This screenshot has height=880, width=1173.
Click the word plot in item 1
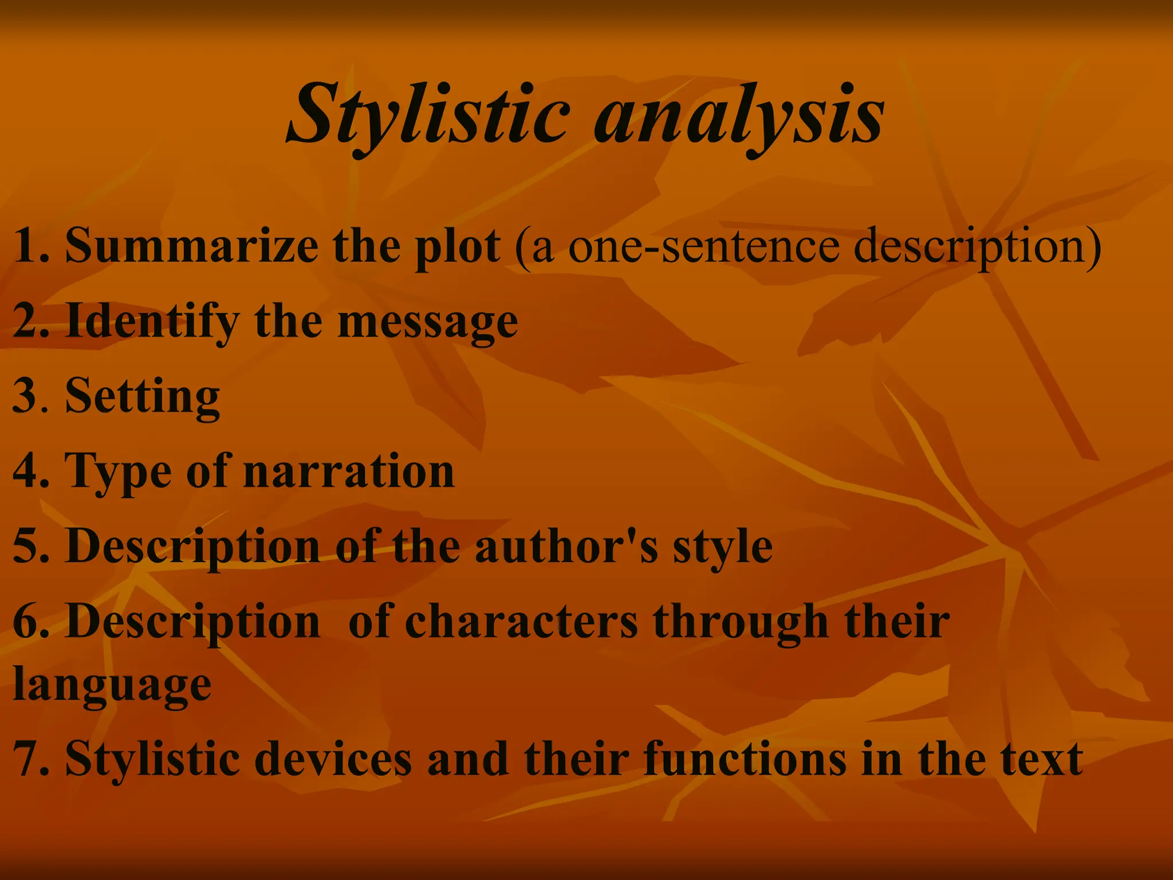[x=458, y=246]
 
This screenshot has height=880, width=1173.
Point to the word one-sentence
[x=704, y=246]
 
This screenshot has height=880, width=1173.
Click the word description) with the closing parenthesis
[x=977, y=246]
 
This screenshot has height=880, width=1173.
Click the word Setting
[x=143, y=396]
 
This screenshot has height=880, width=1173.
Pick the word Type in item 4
[x=118, y=472]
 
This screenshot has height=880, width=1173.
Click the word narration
[x=349, y=472]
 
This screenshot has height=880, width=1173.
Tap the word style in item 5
[x=722, y=547]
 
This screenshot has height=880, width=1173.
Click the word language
[x=112, y=685]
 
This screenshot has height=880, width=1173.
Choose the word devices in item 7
[x=333, y=759]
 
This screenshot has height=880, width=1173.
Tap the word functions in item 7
[x=745, y=759]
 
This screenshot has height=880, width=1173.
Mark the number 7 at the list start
[x=24, y=759]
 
